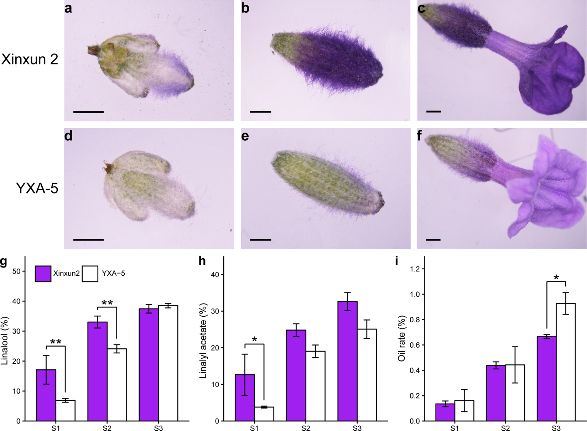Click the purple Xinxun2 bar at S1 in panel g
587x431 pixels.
[x=46, y=395]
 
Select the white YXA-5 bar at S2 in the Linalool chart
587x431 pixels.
[x=117, y=385]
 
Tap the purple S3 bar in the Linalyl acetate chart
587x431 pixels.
[x=348, y=361]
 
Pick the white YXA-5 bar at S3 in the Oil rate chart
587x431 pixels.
[x=566, y=362]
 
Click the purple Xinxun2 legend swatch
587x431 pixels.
[x=43, y=274]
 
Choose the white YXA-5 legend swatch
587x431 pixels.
[x=90, y=274]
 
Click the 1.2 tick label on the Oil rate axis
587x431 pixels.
[x=414, y=269]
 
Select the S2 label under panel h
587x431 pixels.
[x=306, y=428]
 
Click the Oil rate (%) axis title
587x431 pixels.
[x=402, y=338]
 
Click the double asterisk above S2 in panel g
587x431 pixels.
[x=107, y=303]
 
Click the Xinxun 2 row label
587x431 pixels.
[x=30, y=59]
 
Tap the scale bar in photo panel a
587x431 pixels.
[x=88, y=112]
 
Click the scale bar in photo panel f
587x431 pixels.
[x=433, y=240]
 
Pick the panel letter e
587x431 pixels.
[x=245, y=136]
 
